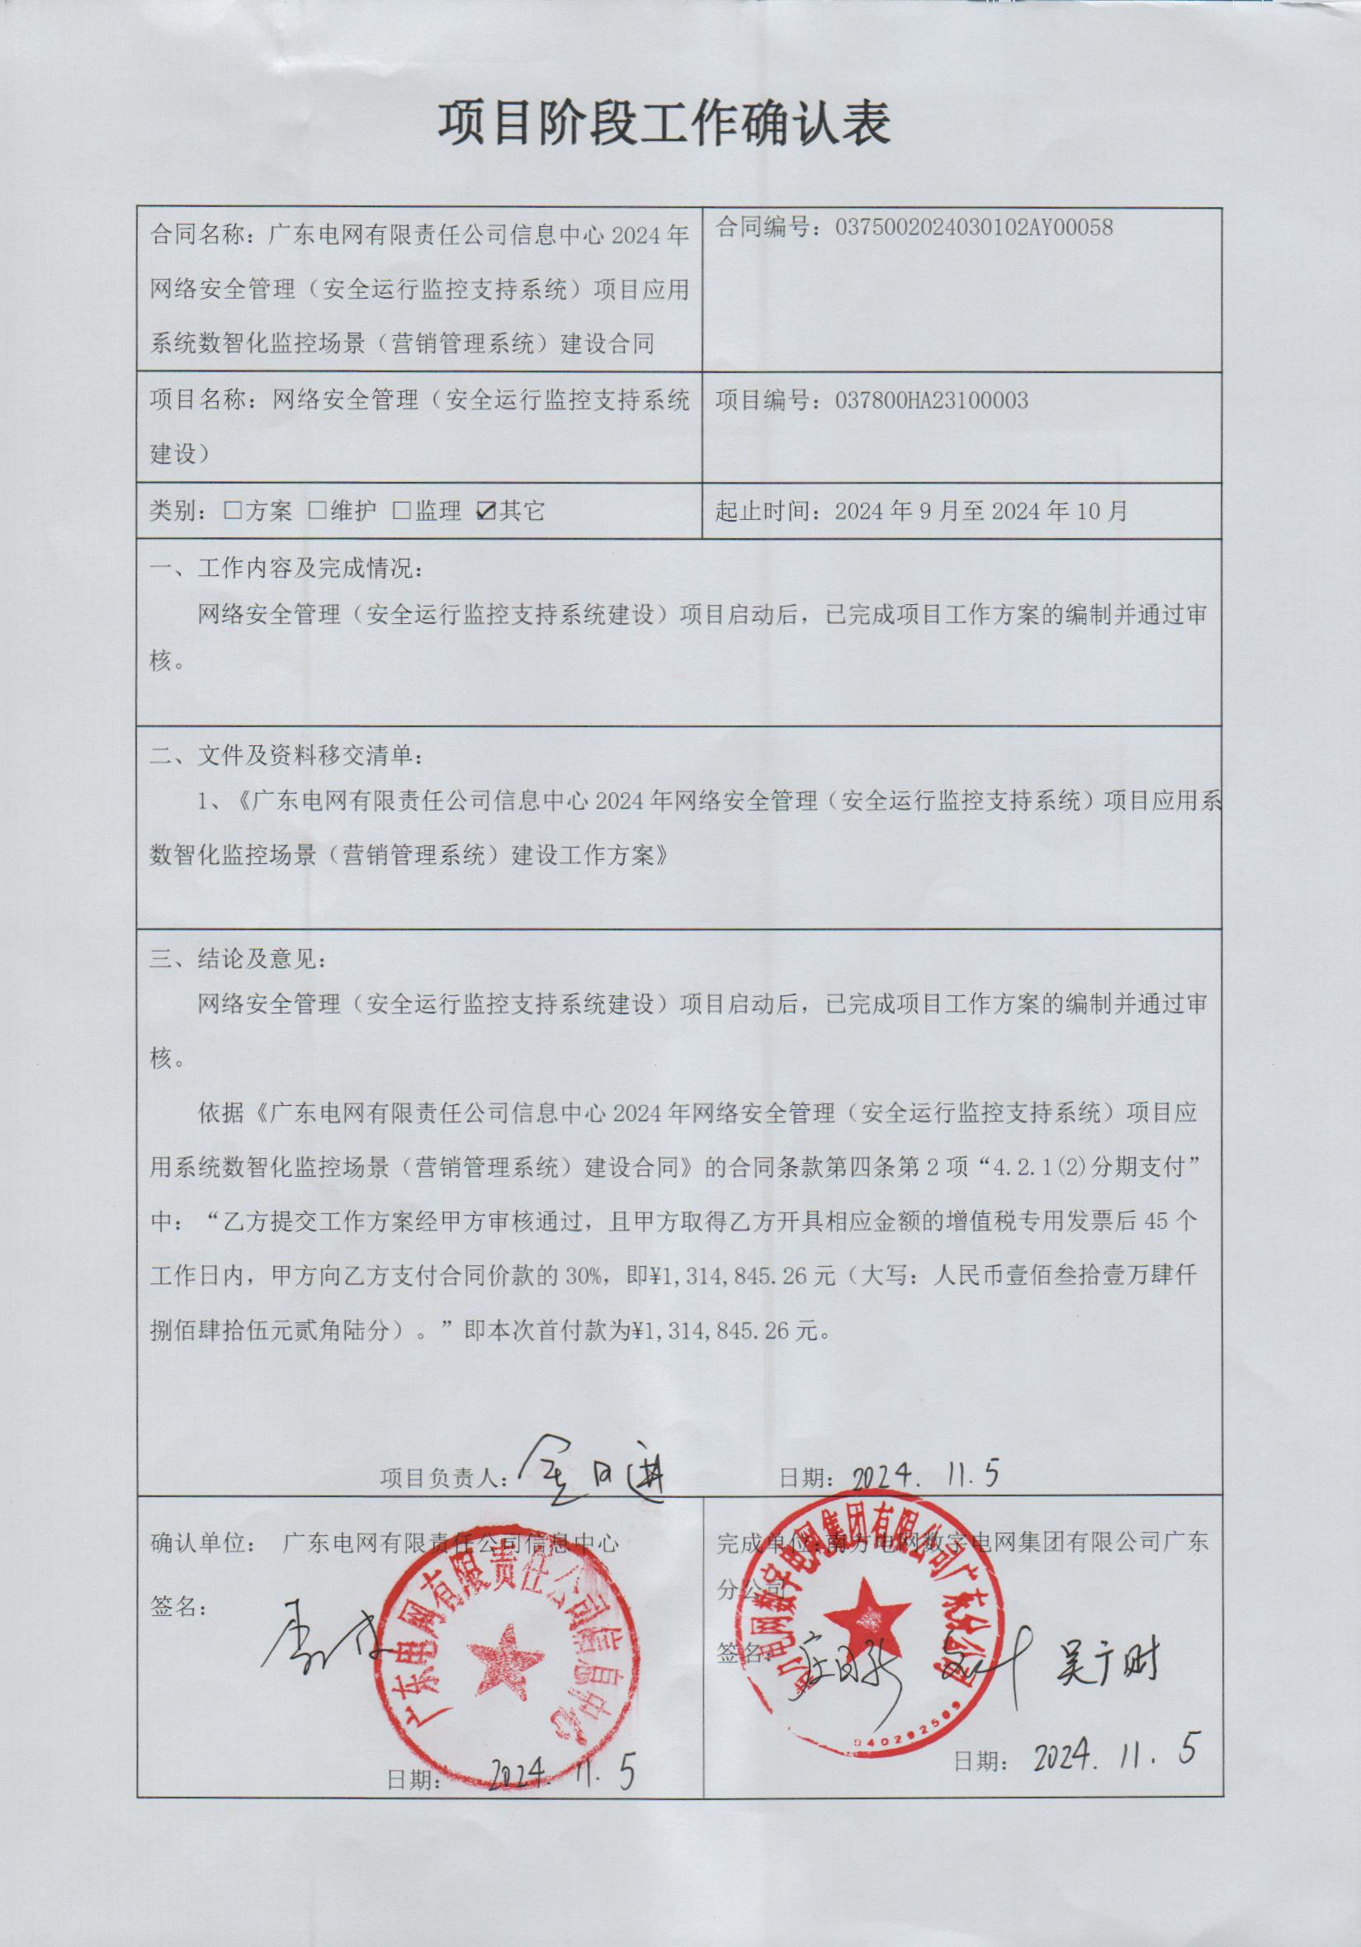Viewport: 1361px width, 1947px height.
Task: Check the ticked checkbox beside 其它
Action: (487, 511)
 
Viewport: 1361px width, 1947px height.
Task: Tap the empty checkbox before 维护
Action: (318, 511)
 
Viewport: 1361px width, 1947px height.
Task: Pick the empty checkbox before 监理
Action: (402, 511)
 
